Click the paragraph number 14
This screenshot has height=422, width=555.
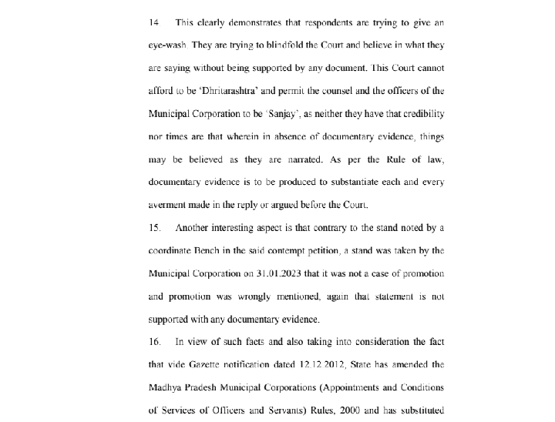coord(155,22)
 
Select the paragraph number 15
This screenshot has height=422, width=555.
coord(154,228)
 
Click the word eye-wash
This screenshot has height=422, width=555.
coord(170,45)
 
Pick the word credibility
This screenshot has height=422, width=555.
coord(419,114)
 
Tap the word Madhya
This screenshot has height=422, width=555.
coord(168,387)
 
